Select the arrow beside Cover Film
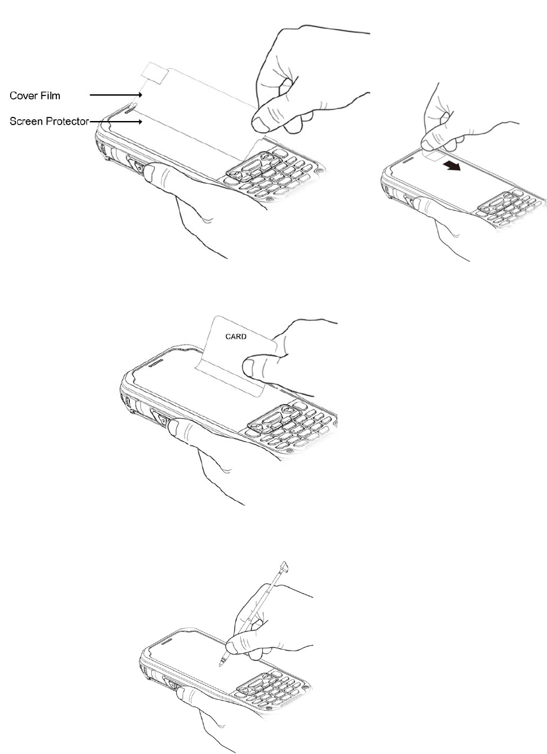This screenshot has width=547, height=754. point(116,94)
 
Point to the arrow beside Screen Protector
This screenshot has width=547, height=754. point(115,120)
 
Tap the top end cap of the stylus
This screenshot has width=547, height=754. point(285,566)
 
